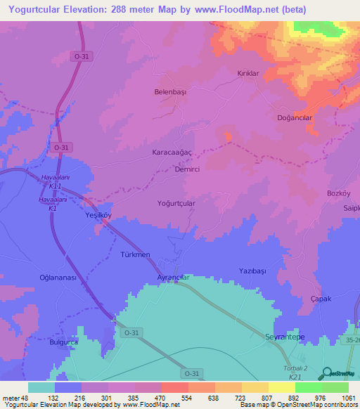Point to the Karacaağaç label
point(172,152)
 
